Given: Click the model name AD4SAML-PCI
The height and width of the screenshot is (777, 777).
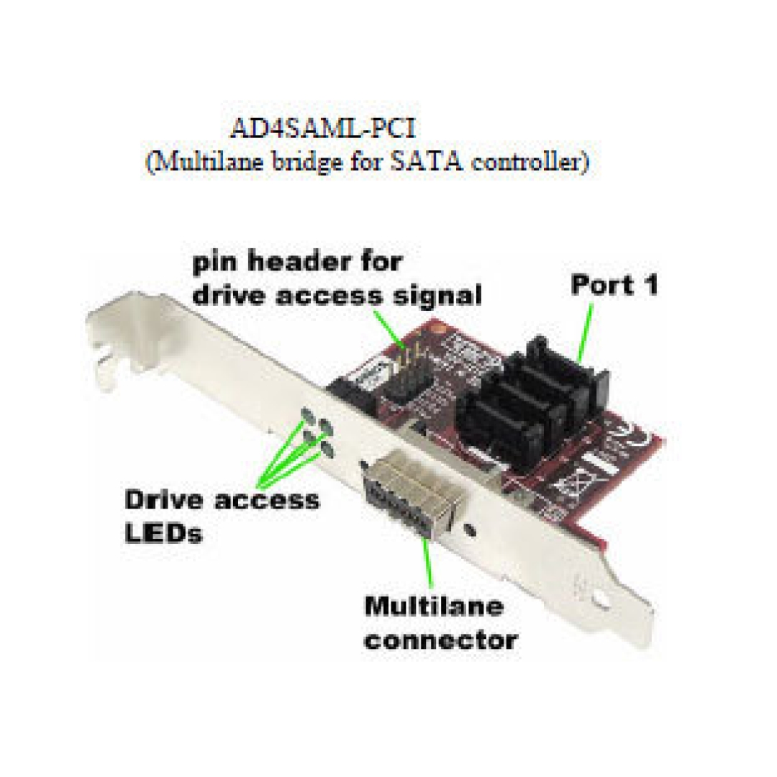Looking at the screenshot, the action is coord(322,128).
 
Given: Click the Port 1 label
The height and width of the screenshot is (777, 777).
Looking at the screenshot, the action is coord(614,285).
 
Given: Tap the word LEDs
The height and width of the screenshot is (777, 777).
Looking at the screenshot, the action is coord(164,533).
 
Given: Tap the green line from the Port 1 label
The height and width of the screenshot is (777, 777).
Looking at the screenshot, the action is coord(585,332).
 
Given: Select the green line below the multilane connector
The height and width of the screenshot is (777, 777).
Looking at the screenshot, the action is coord(427,564).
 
